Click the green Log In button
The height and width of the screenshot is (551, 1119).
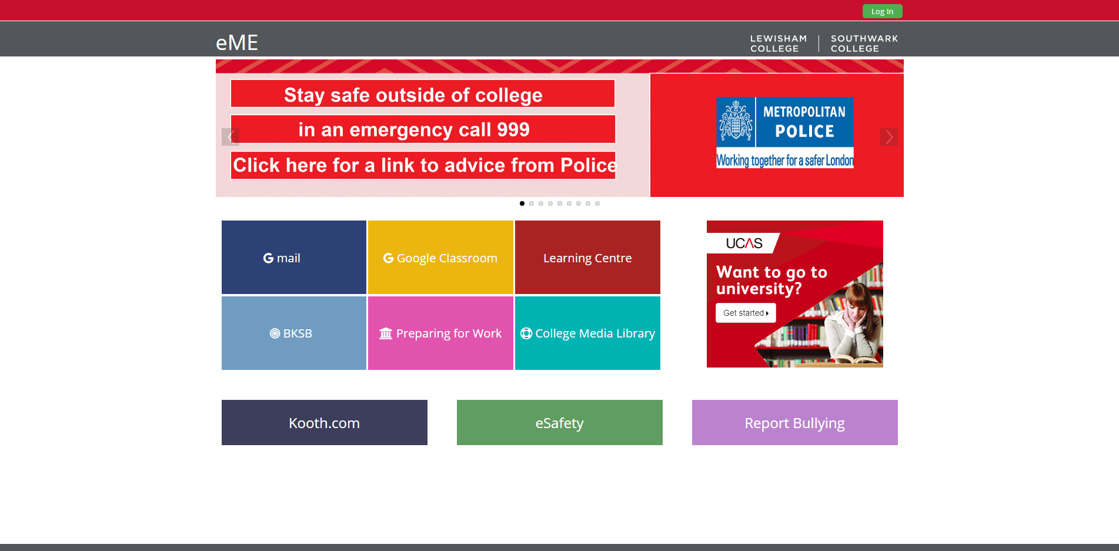(x=882, y=11)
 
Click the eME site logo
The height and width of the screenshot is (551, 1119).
(x=237, y=42)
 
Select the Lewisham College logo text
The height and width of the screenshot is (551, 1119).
(x=779, y=44)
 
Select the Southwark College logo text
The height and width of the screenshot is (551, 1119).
(x=864, y=44)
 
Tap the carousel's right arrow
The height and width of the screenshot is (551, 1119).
(x=889, y=137)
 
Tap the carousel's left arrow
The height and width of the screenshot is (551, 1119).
(x=230, y=137)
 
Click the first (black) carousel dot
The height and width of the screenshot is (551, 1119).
(x=522, y=203)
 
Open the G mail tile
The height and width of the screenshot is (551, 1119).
(x=294, y=257)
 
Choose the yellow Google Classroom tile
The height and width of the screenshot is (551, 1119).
(x=440, y=257)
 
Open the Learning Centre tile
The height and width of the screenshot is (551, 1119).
(x=587, y=257)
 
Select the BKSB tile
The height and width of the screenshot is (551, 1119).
(x=294, y=333)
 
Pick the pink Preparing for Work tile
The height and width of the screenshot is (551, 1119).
(x=440, y=333)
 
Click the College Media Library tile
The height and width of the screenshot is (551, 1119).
(x=587, y=333)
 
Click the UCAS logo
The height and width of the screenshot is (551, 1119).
(x=744, y=243)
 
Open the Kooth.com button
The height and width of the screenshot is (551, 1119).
(x=325, y=422)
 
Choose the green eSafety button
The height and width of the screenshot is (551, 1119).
(x=560, y=422)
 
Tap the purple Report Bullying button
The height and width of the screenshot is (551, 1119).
(x=795, y=422)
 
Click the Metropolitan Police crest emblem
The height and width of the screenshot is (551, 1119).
(x=736, y=121)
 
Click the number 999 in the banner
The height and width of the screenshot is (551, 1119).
(x=513, y=129)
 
